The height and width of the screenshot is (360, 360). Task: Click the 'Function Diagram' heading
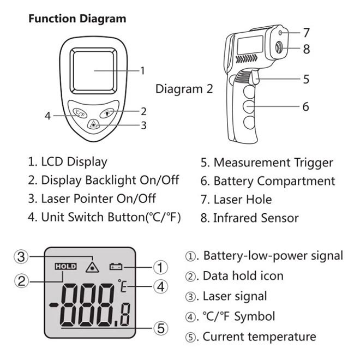(x=77, y=19)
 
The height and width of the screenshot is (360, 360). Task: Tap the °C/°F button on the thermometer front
(x=80, y=114)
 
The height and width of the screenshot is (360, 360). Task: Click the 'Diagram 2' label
(x=184, y=89)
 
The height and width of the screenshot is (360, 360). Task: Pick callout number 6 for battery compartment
(x=305, y=106)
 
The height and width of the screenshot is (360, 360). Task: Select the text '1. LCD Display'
(x=68, y=162)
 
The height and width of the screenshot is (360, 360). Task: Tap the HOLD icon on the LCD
(x=65, y=267)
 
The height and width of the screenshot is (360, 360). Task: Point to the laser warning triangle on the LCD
(x=93, y=266)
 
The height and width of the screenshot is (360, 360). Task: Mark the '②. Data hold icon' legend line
(x=235, y=276)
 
